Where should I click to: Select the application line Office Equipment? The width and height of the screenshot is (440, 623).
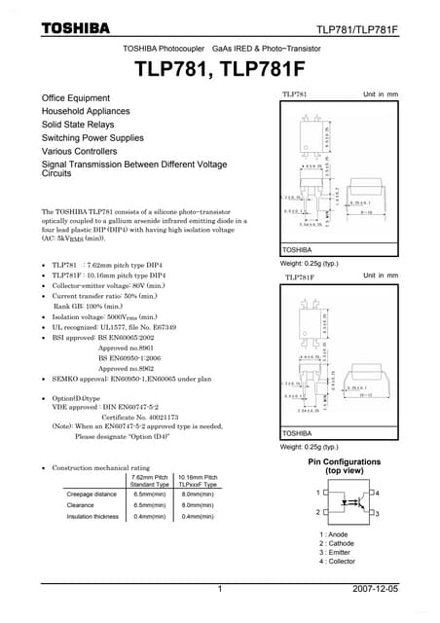tap(76, 98)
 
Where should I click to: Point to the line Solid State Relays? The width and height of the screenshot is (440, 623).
tap(78, 125)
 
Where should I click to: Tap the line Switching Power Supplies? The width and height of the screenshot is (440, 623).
tap(92, 138)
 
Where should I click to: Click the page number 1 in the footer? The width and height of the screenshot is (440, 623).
tap(221, 590)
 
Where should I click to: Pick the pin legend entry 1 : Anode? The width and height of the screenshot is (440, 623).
tap(334, 534)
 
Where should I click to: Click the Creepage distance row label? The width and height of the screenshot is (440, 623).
tap(93, 495)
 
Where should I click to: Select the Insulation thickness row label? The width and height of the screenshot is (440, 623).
tap(92, 517)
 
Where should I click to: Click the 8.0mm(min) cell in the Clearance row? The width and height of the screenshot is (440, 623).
tap(198, 505)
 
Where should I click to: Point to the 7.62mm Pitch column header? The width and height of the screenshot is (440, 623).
tap(148, 477)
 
